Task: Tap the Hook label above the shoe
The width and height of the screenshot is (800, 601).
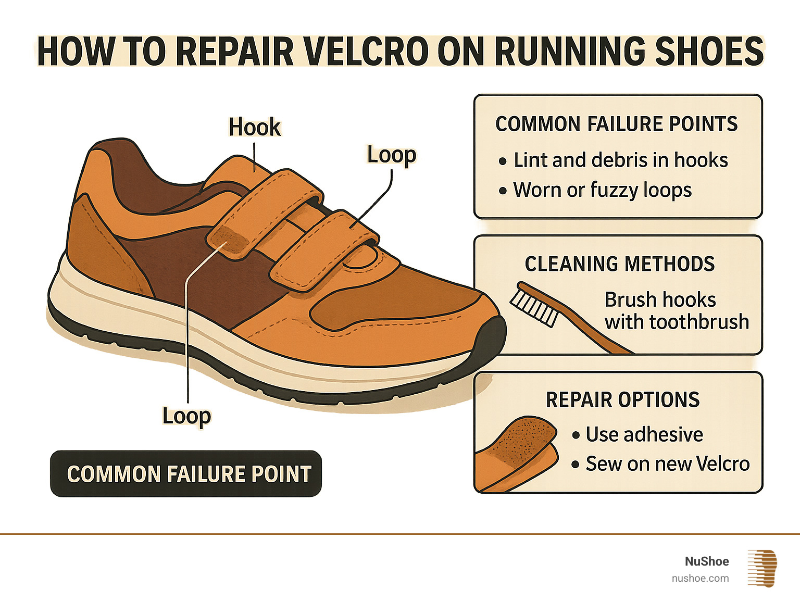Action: (255, 128)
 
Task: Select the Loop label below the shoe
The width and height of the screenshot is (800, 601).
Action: (186, 416)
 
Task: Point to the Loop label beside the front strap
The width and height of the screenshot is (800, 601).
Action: (392, 155)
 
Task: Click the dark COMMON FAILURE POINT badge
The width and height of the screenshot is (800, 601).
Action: (186, 473)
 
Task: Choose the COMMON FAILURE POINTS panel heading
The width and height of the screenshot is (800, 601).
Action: (617, 124)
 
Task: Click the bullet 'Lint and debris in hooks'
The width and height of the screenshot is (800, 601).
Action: (620, 160)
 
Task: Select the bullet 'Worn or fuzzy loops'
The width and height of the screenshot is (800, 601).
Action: (602, 190)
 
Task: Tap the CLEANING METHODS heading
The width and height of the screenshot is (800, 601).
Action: (619, 264)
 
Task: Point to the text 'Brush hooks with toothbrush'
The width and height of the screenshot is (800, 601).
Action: (676, 311)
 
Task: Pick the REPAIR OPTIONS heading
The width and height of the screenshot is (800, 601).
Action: (622, 400)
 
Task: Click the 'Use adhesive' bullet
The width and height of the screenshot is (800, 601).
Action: (644, 434)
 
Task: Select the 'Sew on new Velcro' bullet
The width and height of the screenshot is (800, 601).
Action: (667, 464)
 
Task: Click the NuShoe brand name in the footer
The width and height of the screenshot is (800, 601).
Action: (706, 561)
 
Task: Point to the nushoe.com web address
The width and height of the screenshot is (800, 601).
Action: (700, 578)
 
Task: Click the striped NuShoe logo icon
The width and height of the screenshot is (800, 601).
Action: (762, 568)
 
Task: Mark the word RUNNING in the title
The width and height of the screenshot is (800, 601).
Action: (562, 51)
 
